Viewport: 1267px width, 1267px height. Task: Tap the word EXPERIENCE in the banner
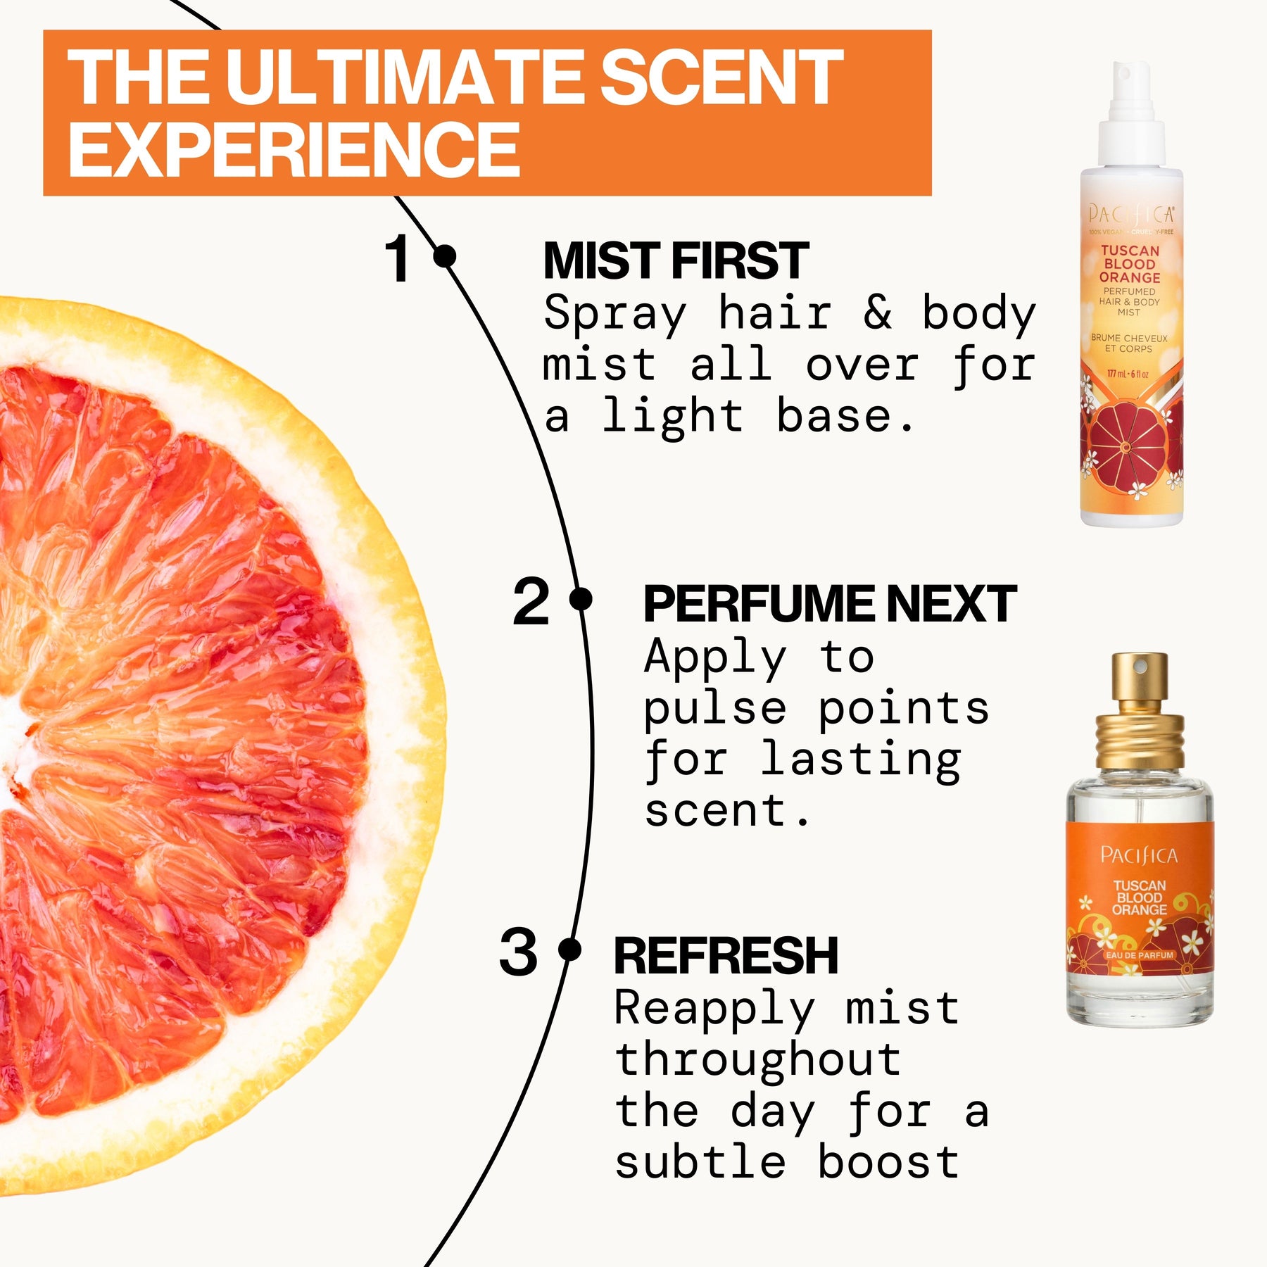point(294,149)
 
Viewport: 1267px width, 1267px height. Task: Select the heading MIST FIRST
point(676,261)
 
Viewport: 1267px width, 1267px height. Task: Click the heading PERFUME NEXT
point(829,604)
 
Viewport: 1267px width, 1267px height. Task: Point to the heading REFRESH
point(726,956)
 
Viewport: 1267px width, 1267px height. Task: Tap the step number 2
point(531,602)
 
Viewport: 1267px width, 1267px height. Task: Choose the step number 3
point(518,952)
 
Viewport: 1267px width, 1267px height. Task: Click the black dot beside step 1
point(445,256)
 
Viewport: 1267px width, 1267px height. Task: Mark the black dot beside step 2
point(581,600)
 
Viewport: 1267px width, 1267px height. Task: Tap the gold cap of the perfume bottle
point(1139,711)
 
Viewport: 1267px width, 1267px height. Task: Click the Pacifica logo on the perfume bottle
point(1138,855)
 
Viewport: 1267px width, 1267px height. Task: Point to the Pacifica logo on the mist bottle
point(1130,213)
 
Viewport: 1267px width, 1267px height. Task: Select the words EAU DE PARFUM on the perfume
point(1139,955)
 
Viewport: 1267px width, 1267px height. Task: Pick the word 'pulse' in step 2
point(714,709)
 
